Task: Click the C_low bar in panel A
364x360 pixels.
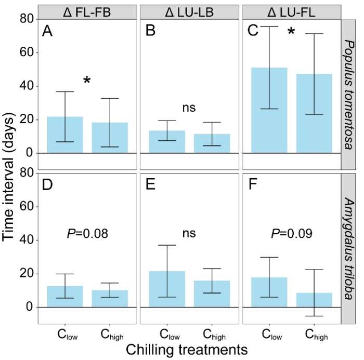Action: (x=65, y=135)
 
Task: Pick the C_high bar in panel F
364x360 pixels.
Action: (x=314, y=300)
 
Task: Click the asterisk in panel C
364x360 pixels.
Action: (x=291, y=33)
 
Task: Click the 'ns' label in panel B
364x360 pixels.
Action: (x=189, y=108)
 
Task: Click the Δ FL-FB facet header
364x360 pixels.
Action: (x=87, y=11)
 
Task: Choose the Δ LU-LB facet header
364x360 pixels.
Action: (x=189, y=11)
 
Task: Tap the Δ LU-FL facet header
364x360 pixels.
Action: (x=291, y=11)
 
